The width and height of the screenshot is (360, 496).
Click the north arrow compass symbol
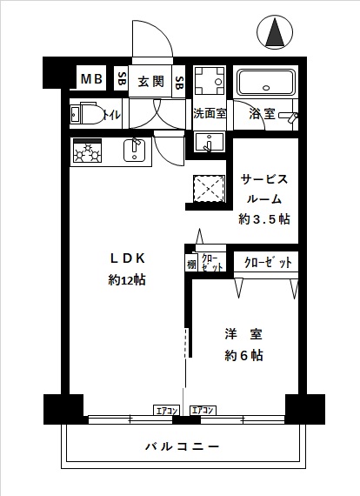(x=275, y=32)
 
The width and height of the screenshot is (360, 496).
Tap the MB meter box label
(x=91, y=79)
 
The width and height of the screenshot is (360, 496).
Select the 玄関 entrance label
(x=150, y=82)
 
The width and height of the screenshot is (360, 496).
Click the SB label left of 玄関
(x=122, y=79)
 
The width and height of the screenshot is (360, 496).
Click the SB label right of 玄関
(x=179, y=83)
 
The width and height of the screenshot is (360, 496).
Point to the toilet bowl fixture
(x=92, y=114)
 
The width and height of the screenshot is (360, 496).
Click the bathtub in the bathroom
(x=266, y=83)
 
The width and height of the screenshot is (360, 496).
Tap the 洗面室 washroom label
(x=210, y=114)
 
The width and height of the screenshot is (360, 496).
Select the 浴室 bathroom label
(x=262, y=114)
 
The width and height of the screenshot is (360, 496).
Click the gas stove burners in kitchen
(x=88, y=151)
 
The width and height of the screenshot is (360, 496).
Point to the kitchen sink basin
(x=134, y=151)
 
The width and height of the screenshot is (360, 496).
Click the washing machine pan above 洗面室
(x=209, y=80)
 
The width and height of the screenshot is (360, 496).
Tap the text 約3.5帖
(x=264, y=219)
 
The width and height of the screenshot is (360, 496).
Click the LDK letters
(x=127, y=258)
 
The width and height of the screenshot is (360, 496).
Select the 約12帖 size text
(x=127, y=280)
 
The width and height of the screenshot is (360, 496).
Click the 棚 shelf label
(x=191, y=264)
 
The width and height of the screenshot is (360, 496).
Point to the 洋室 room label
(x=243, y=334)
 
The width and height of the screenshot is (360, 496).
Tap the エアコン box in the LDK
(x=167, y=410)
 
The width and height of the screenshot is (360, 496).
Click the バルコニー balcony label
(x=183, y=447)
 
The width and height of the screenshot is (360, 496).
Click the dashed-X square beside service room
(x=209, y=189)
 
